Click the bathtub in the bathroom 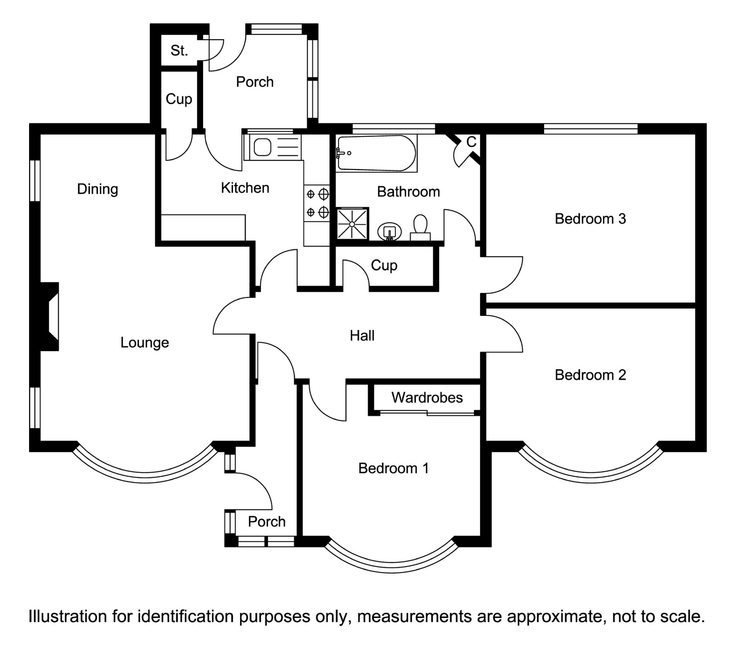[x=376, y=153]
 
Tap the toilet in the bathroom [x=420, y=228]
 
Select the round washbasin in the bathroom [x=390, y=232]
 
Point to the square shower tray [x=352, y=224]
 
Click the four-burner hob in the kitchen [x=317, y=203]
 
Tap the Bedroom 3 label [x=590, y=219]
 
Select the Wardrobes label [x=427, y=397]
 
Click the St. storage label [x=179, y=51]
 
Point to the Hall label [x=362, y=335]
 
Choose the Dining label [x=97, y=189]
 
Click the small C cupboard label [x=471, y=142]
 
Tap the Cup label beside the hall [x=384, y=265]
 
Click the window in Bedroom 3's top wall [x=591, y=129]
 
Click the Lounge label [x=145, y=342]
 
